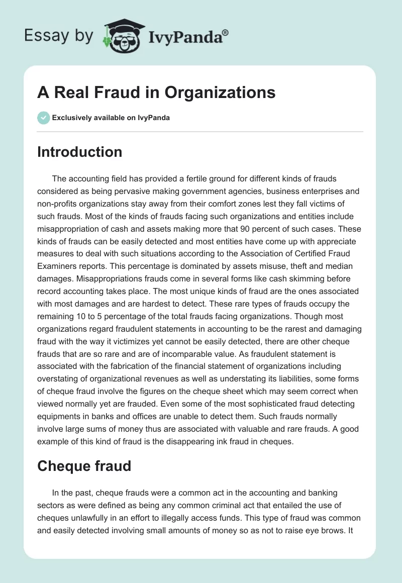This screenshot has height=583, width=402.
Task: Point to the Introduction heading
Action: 79,152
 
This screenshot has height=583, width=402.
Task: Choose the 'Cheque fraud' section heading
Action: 84,466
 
